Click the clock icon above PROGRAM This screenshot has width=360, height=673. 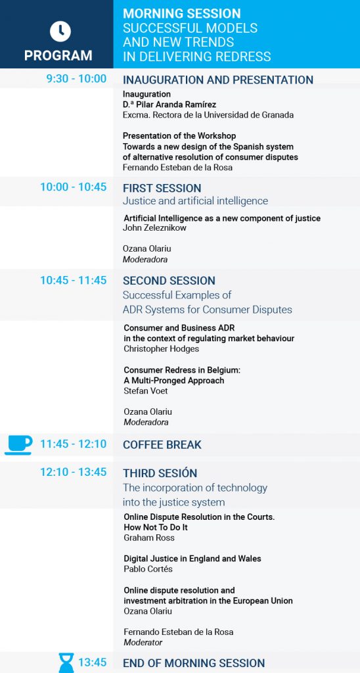(x=60, y=32)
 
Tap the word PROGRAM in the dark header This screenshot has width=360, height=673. (x=58, y=55)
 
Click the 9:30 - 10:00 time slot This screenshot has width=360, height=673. (x=76, y=79)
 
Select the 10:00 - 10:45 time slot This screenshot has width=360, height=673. (x=74, y=187)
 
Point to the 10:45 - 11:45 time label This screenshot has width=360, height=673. (x=74, y=280)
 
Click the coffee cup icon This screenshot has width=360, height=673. (x=18, y=445)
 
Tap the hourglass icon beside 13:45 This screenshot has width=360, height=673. (x=66, y=662)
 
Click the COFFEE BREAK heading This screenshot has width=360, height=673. (x=162, y=445)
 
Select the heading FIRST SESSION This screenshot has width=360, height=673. (x=162, y=189)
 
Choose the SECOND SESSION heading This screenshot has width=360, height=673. (x=169, y=281)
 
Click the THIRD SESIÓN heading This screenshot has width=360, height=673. (x=160, y=473)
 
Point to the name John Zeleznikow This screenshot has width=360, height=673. (x=155, y=228)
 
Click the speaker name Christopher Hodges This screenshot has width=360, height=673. (x=162, y=349)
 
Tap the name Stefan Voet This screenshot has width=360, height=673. (x=145, y=390)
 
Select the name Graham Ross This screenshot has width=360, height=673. (x=149, y=538)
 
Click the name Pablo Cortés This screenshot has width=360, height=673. (x=148, y=569)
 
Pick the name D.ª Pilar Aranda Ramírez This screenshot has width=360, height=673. (x=169, y=104)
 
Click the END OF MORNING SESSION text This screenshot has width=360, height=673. (x=194, y=662)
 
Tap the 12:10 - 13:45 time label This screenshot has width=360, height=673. (x=74, y=472)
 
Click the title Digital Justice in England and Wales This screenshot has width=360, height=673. (x=192, y=559)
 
